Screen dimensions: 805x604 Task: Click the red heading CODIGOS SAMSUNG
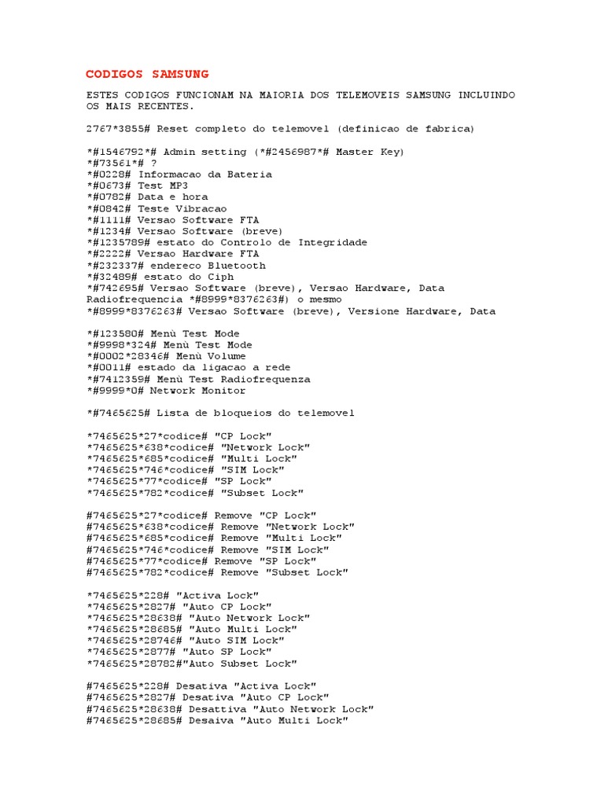(147, 74)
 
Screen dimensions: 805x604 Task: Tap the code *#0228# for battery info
(109, 175)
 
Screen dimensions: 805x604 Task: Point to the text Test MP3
(163, 186)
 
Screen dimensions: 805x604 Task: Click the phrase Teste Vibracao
(182, 208)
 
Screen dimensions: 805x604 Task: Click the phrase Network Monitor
(197, 391)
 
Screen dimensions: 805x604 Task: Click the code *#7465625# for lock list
(118, 413)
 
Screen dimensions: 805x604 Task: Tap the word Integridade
(333, 243)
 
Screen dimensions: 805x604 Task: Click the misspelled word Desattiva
(217, 709)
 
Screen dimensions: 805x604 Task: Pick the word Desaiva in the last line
(211, 720)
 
